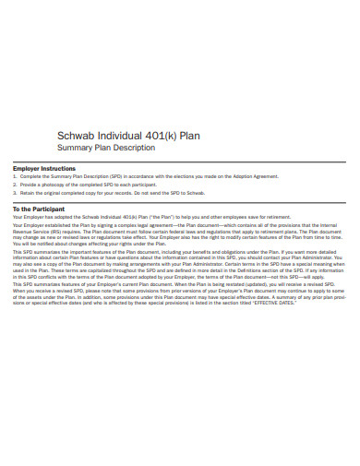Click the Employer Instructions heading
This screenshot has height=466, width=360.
click(x=43, y=169)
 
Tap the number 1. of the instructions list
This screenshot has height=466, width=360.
click(x=15, y=178)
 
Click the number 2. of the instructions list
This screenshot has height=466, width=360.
click(x=15, y=186)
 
